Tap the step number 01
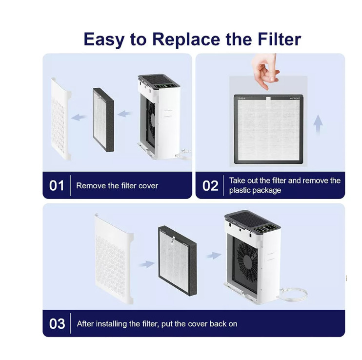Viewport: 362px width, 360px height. click(57, 186)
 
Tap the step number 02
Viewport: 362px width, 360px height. click(210, 186)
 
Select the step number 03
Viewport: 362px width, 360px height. click(57, 323)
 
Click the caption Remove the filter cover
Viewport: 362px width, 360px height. click(117, 186)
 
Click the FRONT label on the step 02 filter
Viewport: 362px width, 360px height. click(295, 99)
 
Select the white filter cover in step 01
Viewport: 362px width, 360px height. click(61, 120)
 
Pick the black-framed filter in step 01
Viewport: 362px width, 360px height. click(103, 120)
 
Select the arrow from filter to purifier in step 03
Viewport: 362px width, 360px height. click(213, 255)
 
